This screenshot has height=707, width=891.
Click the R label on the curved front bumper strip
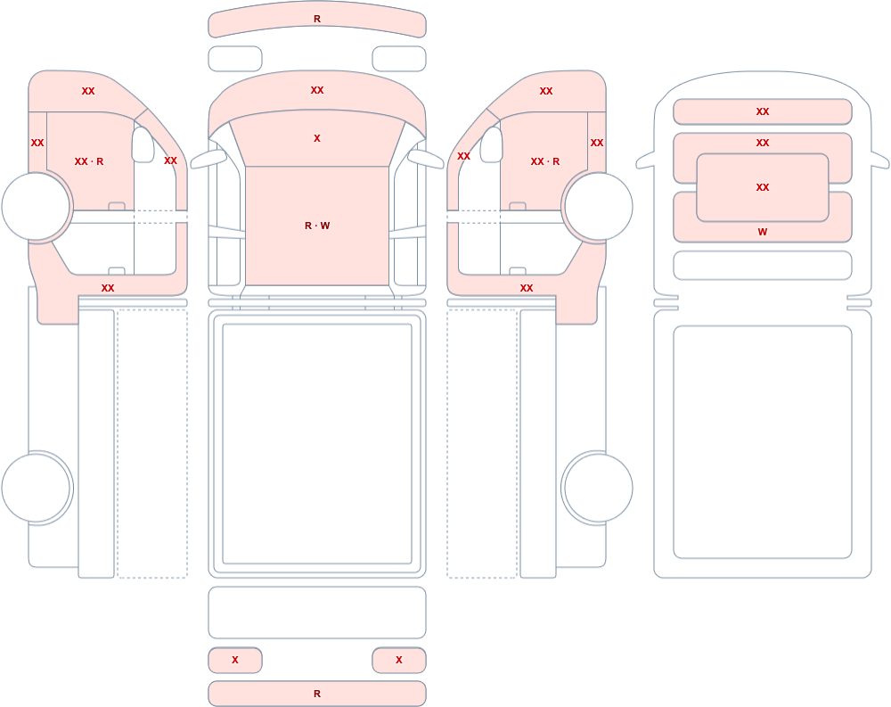(x=317, y=19)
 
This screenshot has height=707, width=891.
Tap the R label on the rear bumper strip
(x=317, y=694)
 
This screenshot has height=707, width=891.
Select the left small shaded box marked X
(x=235, y=660)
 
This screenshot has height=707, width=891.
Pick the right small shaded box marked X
(x=399, y=660)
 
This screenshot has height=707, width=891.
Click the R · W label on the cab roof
(x=317, y=226)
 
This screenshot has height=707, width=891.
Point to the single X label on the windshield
(x=317, y=138)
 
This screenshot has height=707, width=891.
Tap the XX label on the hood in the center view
(x=317, y=90)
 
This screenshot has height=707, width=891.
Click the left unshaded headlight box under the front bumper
(x=235, y=59)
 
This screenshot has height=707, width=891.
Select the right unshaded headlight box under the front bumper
(x=399, y=59)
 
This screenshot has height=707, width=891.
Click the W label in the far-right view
(x=763, y=232)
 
